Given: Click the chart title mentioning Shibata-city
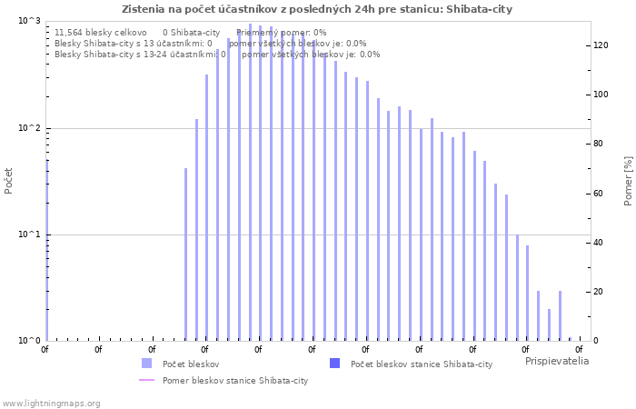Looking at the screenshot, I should click(317, 9).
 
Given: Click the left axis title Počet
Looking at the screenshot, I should click(9, 180).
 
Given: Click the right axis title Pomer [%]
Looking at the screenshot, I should click(627, 180).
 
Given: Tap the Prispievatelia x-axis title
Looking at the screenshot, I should click(556, 361).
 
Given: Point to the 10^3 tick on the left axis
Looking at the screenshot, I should click(30, 21).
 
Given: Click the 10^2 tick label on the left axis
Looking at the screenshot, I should click(30, 128).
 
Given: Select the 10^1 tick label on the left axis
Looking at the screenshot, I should click(30, 234).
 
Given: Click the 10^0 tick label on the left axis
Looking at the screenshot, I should click(30, 341).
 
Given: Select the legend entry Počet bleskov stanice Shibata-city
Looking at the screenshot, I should click(421, 364).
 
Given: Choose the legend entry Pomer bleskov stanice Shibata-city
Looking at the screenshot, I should click(234, 380).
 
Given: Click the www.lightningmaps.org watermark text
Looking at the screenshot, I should click(51, 403).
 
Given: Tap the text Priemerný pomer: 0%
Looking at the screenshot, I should click(281, 32).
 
